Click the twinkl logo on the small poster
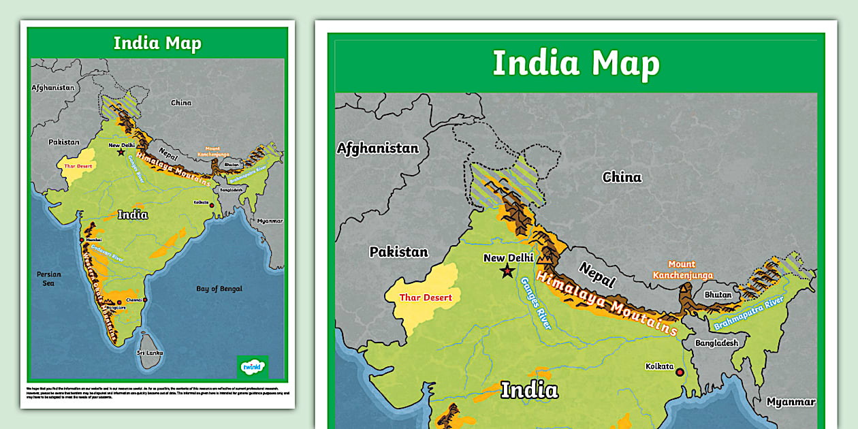252,367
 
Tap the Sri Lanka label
149,353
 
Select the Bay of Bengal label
219,289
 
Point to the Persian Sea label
49,279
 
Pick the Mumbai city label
94,240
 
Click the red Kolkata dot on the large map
679,372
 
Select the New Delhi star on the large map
507,272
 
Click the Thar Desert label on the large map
426,298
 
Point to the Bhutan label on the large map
718,295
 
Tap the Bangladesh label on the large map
716,343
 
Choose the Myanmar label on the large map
791,402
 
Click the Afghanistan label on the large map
378,148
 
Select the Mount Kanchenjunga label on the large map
682,270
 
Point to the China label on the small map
181,103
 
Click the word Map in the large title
625,63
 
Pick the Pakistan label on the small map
64,142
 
